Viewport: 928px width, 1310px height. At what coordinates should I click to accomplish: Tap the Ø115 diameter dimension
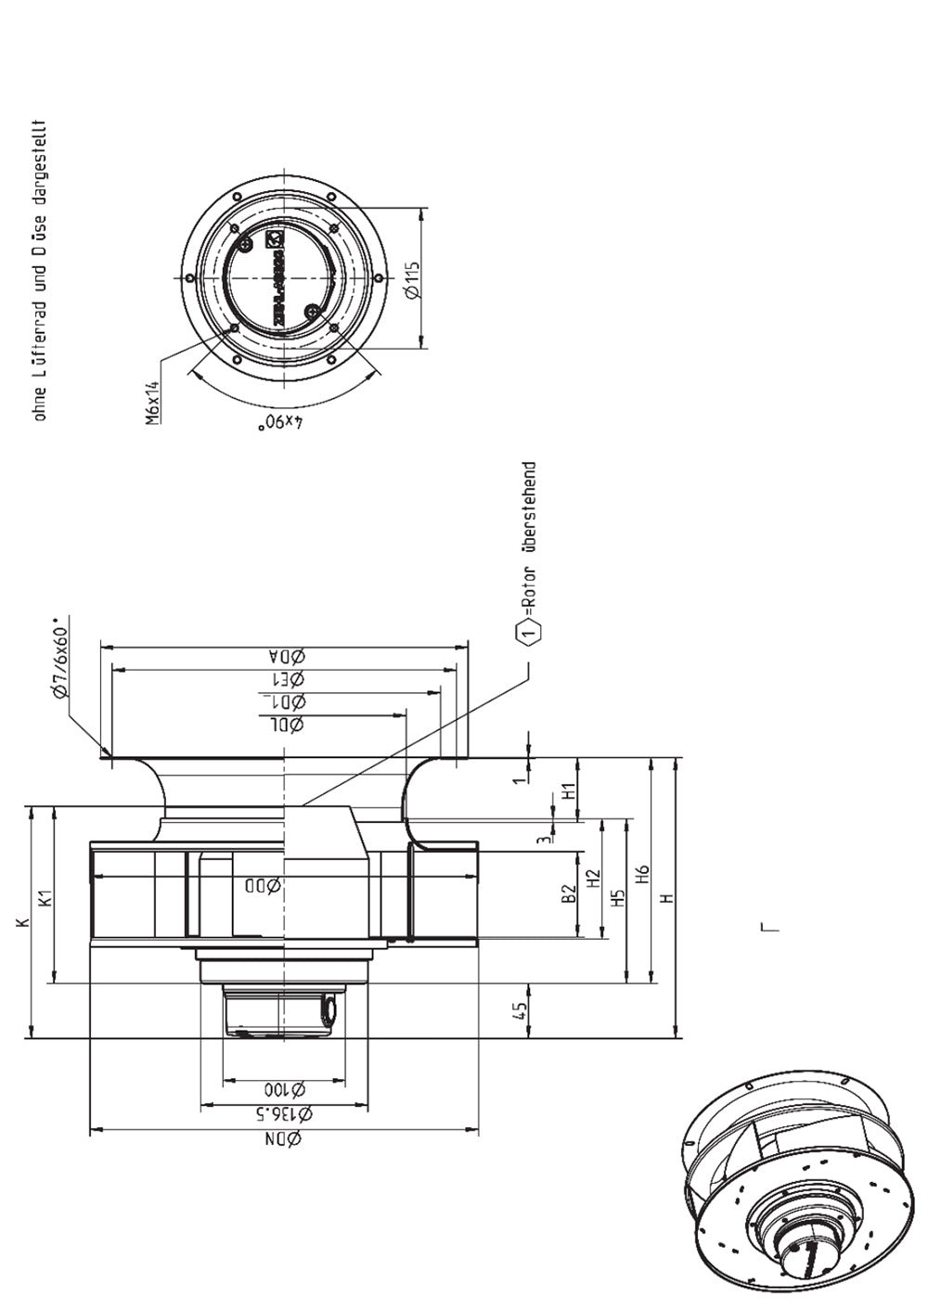413,278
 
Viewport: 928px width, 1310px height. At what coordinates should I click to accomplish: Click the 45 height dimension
521,1010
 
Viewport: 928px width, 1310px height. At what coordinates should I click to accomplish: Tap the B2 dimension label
570,893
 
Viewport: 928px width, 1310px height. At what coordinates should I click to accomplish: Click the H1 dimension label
570,791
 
